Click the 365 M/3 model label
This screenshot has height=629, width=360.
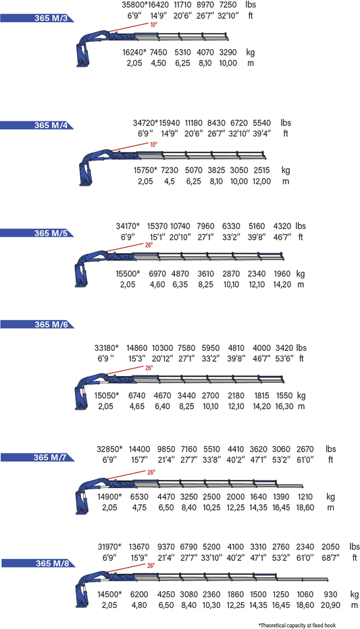point(51,18)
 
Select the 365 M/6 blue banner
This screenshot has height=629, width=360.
point(37,324)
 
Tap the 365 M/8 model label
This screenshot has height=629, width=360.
point(52,564)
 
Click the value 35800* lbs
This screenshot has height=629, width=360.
point(135,5)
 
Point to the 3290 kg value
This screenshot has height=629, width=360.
point(228,52)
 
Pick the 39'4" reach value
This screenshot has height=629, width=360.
point(261,134)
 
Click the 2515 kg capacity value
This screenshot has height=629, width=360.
point(261,170)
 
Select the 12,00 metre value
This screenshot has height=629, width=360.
point(261,182)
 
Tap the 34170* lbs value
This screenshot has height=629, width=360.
point(128,226)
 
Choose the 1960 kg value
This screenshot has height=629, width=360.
point(282,273)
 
